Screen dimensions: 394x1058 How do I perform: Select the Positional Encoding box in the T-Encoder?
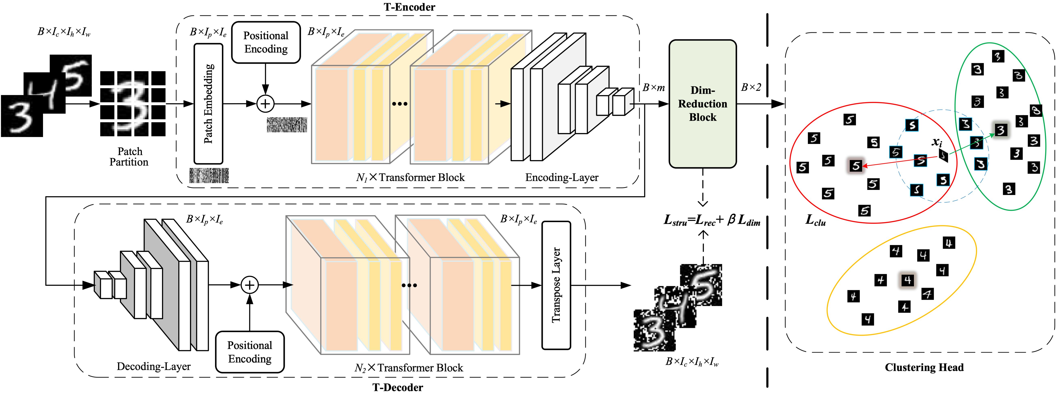coord(266,42)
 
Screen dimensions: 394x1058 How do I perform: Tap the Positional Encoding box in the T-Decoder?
coord(250,352)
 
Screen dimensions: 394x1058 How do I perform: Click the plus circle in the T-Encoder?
coord(265,104)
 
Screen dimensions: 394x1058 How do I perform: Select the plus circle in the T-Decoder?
coord(249,285)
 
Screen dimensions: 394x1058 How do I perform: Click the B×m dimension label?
coord(653,87)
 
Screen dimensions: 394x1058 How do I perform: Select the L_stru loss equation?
coord(712,220)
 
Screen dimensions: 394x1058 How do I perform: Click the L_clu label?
coord(815,220)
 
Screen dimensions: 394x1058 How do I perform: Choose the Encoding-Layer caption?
coord(561,177)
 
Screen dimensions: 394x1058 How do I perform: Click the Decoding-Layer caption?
coord(154,366)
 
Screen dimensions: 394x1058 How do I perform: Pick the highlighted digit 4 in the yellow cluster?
coord(908,280)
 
